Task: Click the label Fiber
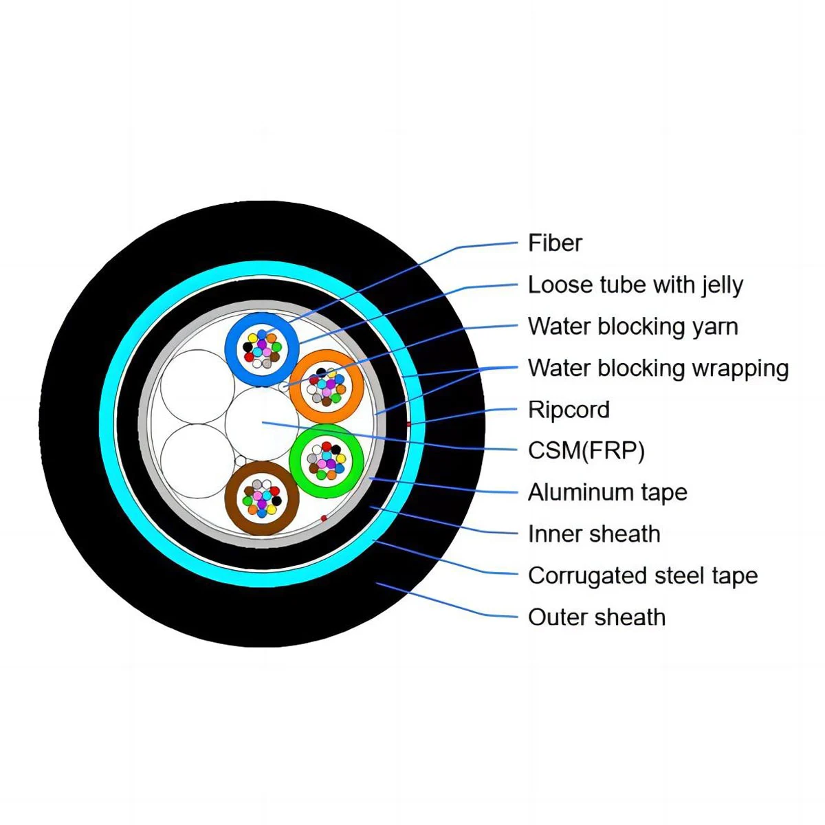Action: (555, 243)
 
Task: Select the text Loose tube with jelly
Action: (635, 285)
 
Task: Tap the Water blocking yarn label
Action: (632, 327)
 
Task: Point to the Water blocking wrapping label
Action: (658, 368)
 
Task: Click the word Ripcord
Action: (569, 410)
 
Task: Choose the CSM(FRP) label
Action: (586, 451)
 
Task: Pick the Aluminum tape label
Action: (607, 492)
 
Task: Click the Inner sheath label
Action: (594, 534)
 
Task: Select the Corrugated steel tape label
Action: (642, 575)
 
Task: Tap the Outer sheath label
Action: (596, 617)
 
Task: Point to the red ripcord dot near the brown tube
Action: (323, 518)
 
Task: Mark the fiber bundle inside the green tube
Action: (326, 459)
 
